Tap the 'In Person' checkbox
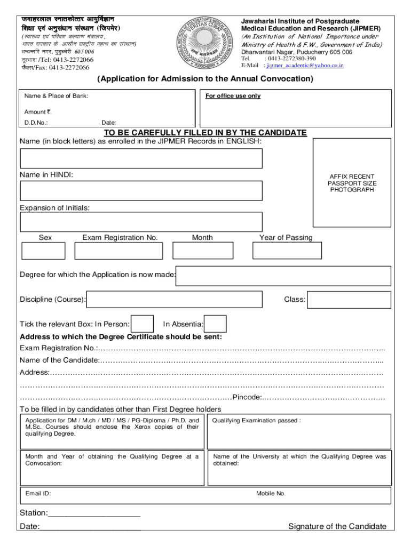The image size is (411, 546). point(143,324)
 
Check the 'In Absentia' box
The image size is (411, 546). point(216,324)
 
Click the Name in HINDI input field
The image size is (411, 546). point(141,190)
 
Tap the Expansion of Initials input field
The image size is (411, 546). point(141,222)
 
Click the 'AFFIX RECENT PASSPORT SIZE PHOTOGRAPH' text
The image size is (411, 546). point(352,183)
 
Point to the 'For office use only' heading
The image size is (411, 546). point(233,96)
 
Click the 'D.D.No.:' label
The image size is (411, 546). point(36,123)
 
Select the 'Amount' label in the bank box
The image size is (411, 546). point(35,112)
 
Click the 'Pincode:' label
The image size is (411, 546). point(247,397)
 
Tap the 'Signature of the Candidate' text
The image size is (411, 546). point(337,527)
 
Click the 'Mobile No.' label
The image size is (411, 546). point(271,494)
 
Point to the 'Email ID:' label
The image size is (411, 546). point(38,494)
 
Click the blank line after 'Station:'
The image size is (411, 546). point(94,513)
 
